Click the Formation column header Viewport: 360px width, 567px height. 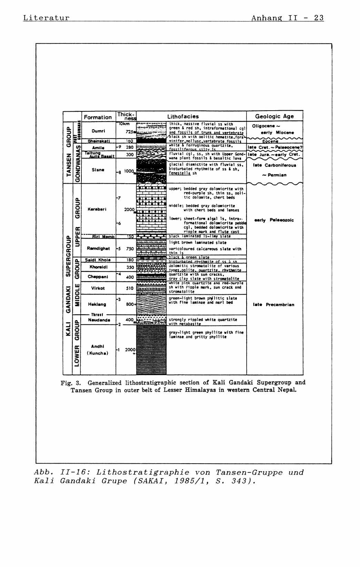point(98,117)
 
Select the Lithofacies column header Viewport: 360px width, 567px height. point(183,117)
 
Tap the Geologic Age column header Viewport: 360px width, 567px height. point(274,117)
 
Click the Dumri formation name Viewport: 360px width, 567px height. point(98,131)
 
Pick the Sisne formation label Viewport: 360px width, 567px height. point(98,170)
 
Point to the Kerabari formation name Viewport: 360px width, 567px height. point(97,209)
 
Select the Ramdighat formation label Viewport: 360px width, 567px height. point(98,248)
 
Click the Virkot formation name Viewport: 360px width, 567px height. point(98,288)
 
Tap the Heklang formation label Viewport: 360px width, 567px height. point(97,304)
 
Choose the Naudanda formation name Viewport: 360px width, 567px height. point(99,320)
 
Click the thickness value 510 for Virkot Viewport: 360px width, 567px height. point(130,288)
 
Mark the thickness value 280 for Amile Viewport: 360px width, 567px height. point(130,147)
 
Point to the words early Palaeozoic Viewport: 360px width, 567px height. point(274,220)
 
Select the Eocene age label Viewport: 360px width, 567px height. point(270,141)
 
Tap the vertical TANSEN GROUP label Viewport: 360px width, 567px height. point(69,152)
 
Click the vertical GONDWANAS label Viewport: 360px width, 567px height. point(78,164)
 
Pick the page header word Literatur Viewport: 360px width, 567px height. point(46,18)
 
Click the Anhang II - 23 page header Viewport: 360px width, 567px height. point(287,18)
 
